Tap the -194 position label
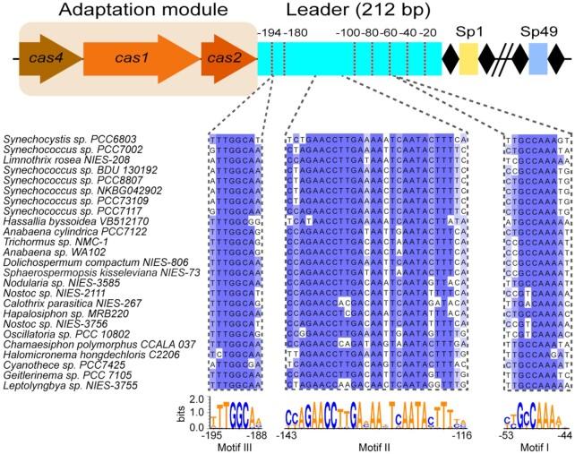click(x=266, y=33)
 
